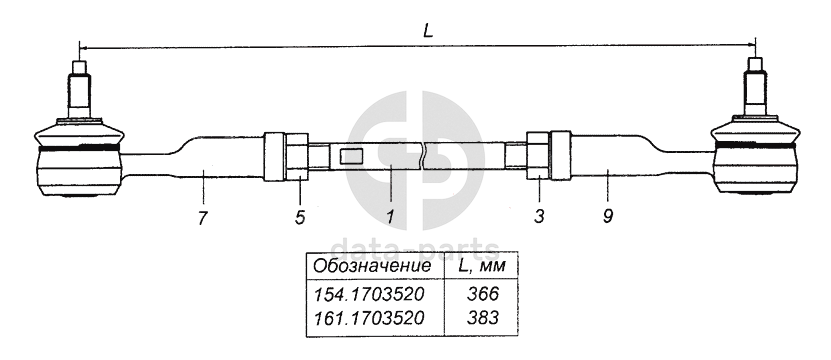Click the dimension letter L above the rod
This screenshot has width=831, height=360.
pyautogui.click(x=428, y=31)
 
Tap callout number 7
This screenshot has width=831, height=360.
pyautogui.click(x=202, y=218)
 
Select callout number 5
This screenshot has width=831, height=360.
pyautogui.click(x=300, y=217)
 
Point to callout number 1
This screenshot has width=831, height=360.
pyautogui.click(x=390, y=217)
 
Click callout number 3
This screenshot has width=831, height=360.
pyautogui.click(x=539, y=217)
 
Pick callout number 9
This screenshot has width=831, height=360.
pyautogui.click(x=607, y=217)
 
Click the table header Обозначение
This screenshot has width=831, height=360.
pyautogui.click(x=372, y=266)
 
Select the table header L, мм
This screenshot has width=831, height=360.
pyautogui.click(x=481, y=266)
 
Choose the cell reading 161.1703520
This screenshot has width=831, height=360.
pyautogui.click(x=369, y=318)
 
